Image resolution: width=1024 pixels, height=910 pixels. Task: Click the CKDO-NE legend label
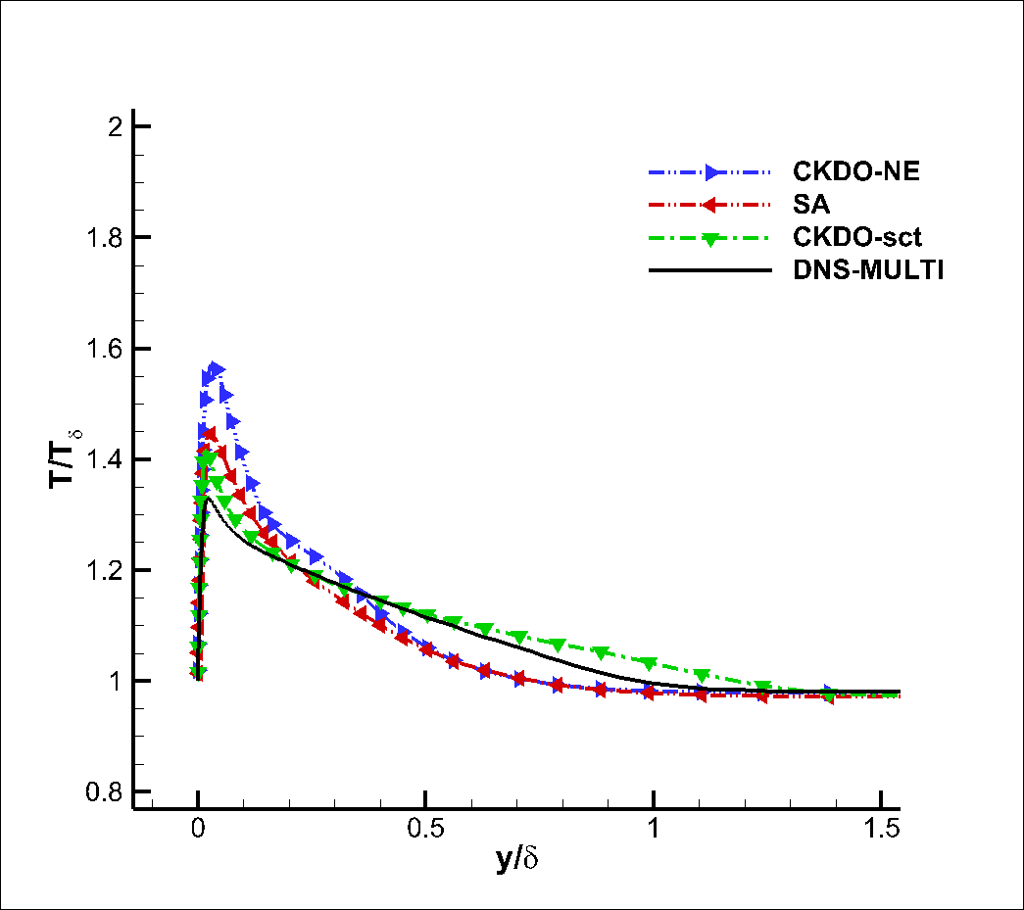pyautogui.click(x=856, y=172)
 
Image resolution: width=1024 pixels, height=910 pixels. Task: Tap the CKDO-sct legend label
pyautogui.click(x=859, y=238)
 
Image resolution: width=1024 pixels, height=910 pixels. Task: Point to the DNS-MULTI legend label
pyautogui.click(x=868, y=271)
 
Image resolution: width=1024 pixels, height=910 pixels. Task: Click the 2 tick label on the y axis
pyautogui.click(x=115, y=127)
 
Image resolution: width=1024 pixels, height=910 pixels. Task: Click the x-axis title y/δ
pyautogui.click(x=518, y=861)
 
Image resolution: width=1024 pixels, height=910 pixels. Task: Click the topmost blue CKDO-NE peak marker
pyautogui.click(x=217, y=369)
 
